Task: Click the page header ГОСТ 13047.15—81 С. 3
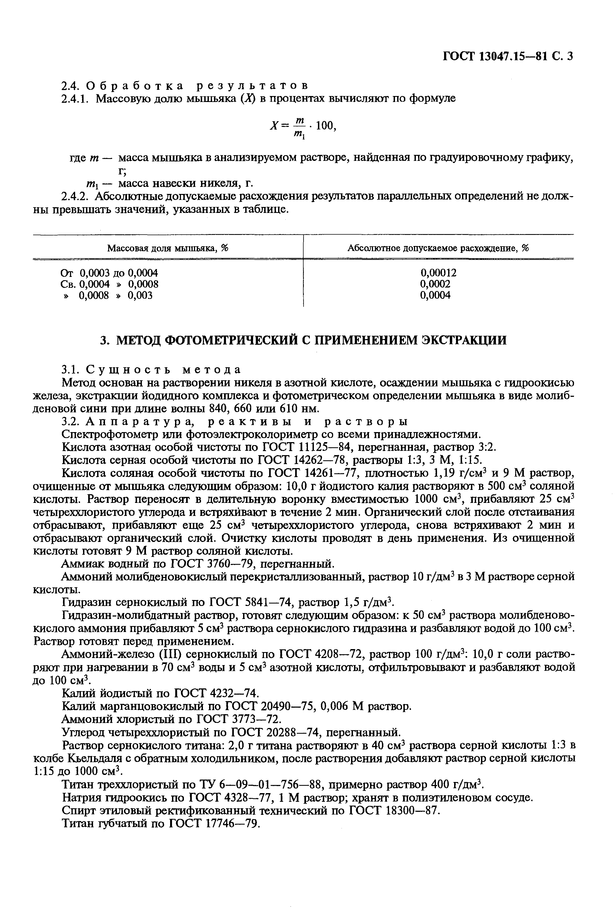click(508, 56)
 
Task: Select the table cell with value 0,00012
click(438, 273)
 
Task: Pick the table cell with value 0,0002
click(435, 284)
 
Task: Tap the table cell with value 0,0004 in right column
click(435, 295)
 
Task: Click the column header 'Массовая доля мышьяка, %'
click(168, 248)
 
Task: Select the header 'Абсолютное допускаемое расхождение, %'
click(438, 248)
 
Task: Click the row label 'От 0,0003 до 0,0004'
click(109, 273)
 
